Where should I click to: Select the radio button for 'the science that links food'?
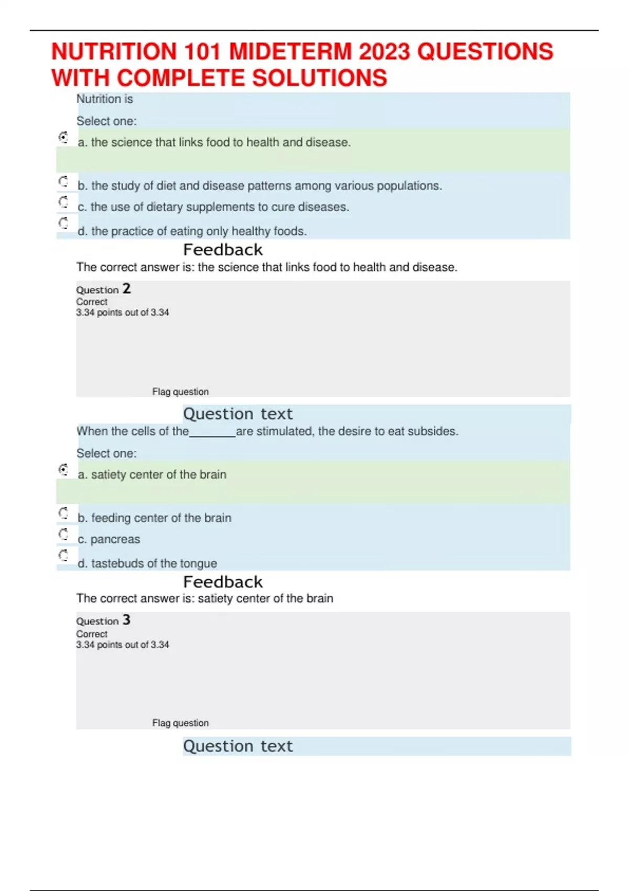[63, 137]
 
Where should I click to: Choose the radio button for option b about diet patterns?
[63, 181]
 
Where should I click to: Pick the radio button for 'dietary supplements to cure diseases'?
[63, 202]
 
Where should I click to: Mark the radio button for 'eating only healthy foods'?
[63, 223]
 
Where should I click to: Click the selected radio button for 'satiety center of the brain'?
[63, 470]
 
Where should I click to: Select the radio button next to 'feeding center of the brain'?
[63, 513]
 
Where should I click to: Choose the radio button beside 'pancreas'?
[63, 534]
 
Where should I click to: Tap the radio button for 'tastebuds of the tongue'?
[63, 555]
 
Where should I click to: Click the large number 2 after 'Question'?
[126, 289]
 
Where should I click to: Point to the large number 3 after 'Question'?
[126, 620]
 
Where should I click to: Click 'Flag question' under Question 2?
[180, 392]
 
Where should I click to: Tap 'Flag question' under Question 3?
[180, 723]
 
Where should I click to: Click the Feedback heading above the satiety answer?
[223, 582]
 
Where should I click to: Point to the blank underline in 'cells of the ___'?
[212, 432]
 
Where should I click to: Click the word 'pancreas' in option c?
[115, 539]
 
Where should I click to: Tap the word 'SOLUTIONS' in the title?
[320, 78]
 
